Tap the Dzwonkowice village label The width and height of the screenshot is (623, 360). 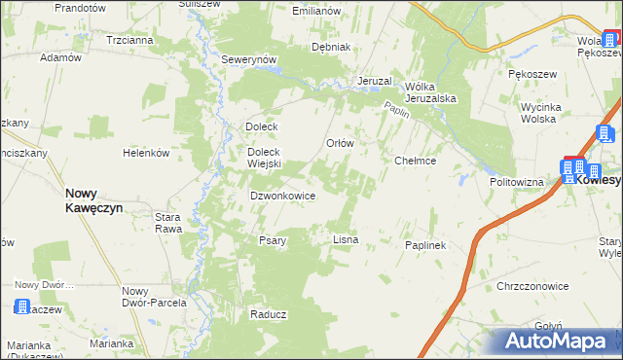pos(282,196)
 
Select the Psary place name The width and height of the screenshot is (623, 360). pos(272,240)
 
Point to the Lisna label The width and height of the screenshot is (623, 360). pos(346,238)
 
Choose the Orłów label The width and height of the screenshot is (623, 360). pos(339,142)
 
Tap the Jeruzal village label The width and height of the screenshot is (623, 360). pos(374,80)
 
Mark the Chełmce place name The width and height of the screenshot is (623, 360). pos(415,161)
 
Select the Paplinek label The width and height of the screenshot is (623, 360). pos(424,245)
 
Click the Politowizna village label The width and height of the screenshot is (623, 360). pos(516,182)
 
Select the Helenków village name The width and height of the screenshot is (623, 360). pos(146,154)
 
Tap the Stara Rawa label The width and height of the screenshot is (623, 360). pos(168,223)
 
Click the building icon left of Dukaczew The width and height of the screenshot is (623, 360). pos(21,307)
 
